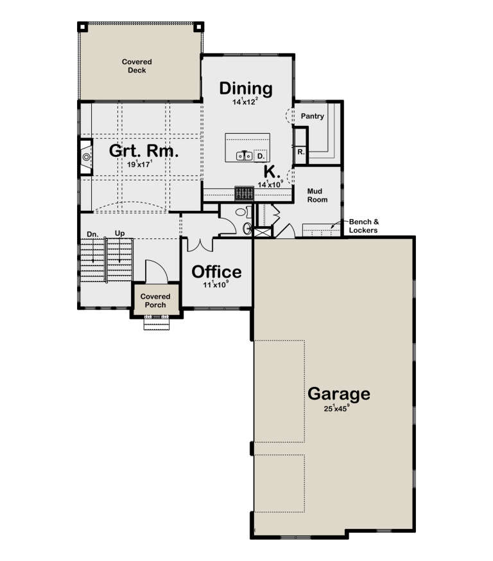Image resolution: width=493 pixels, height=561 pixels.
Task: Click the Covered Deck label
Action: pyautogui.click(x=136, y=66)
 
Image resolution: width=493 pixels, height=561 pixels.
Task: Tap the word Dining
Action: pyautogui.click(x=246, y=89)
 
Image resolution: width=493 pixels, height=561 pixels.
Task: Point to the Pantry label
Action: pyautogui.click(x=312, y=117)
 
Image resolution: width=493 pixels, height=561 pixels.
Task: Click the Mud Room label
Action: pyautogui.click(x=317, y=195)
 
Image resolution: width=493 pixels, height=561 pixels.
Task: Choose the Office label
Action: pyautogui.click(x=216, y=271)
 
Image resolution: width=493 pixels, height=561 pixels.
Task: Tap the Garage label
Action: pyautogui.click(x=338, y=393)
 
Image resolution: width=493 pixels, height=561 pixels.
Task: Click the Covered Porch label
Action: pyautogui.click(x=155, y=301)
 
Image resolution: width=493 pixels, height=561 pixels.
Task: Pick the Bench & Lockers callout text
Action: pyautogui.click(x=363, y=225)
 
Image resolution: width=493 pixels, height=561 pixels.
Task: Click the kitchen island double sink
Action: pyautogui.click(x=244, y=156)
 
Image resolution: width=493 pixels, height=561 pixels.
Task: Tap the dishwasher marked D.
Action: pyautogui.click(x=261, y=156)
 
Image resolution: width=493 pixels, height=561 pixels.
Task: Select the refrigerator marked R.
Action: pyautogui.click(x=300, y=152)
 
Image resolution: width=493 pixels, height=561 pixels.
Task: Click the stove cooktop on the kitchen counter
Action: pyautogui.click(x=243, y=193)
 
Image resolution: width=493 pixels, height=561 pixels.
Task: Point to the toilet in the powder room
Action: pyautogui.click(x=241, y=212)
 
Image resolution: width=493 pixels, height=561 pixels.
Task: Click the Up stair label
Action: pyautogui.click(x=119, y=234)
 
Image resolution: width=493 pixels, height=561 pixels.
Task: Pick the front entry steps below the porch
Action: pyautogui.click(x=155, y=324)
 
